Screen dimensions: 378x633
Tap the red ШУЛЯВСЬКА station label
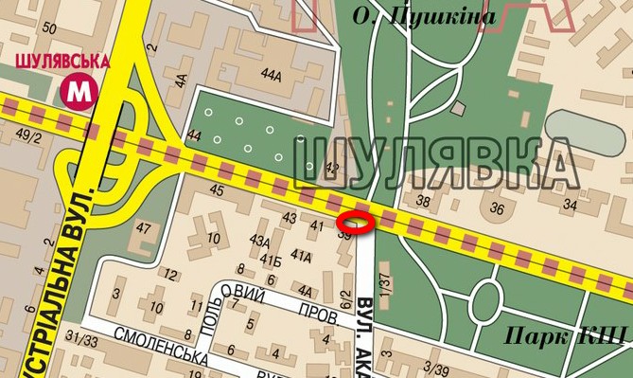pos(64,62)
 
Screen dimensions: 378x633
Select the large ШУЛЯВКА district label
pos(436,164)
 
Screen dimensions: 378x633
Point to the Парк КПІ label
pos(565,334)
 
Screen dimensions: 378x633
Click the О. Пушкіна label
pos(424,16)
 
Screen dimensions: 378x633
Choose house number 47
pos(144,228)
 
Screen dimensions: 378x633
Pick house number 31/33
pos(82,339)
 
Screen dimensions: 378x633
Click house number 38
pos(423,200)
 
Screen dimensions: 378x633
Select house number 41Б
pos(273,261)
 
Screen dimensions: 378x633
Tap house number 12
pos(171,275)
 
